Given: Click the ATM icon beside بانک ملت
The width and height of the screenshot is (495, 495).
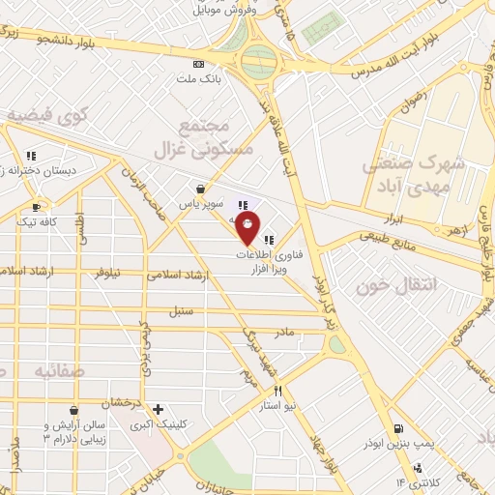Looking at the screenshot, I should tap(198, 64).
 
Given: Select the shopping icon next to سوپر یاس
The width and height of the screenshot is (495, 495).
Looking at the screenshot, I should tap(198, 189).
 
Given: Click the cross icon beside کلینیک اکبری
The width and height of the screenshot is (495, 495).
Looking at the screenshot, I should tap(159, 410).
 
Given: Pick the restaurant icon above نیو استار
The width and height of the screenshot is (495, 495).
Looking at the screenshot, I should tap(278, 392).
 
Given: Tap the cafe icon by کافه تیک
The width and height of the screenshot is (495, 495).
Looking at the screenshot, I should tap(36, 207).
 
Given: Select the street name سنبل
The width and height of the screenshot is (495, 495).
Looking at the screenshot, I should tap(180, 311).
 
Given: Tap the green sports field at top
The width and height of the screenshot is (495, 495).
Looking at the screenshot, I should tap(324, 30).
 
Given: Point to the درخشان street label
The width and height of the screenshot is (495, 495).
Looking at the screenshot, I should tap(126, 400).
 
